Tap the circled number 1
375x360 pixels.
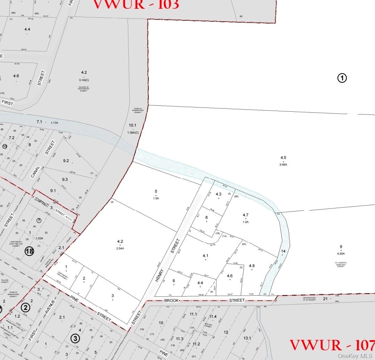point(342,78)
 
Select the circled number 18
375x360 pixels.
point(29,251)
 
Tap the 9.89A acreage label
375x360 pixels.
point(283,165)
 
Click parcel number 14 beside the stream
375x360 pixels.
point(283,251)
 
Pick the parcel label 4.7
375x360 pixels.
point(245,215)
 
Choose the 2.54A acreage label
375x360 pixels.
point(120,248)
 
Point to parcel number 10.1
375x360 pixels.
point(132,125)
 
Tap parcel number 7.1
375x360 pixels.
point(39,122)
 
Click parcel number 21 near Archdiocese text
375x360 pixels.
point(325,298)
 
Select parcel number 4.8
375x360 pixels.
point(252,266)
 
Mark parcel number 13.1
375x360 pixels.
point(247,338)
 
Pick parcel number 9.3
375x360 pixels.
point(65,179)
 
